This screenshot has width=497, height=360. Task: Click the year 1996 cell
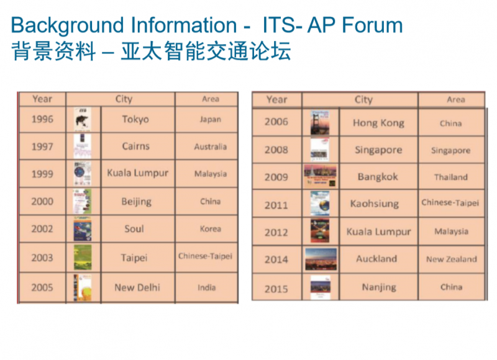pos(42,119)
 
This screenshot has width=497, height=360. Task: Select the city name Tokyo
pos(135,119)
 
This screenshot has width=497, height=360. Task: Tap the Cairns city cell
pos(138,146)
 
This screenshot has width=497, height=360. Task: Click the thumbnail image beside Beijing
pos(83,201)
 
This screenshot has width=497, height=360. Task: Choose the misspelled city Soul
pos(134,228)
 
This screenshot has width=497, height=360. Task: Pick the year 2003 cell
pos(42,258)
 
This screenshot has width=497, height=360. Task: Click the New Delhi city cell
pos(138,287)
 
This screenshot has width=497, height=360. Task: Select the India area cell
pos(206,287)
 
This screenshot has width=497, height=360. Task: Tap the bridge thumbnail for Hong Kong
pos(320,122)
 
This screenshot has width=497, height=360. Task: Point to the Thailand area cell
pos(452,177)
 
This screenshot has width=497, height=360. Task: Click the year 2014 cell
pos(276,259)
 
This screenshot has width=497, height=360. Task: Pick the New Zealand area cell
pos(452,259)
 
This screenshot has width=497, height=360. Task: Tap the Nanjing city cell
pos(379,287)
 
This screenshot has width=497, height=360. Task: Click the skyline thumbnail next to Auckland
pos(321,259)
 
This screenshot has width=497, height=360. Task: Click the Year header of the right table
pos(276,100)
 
